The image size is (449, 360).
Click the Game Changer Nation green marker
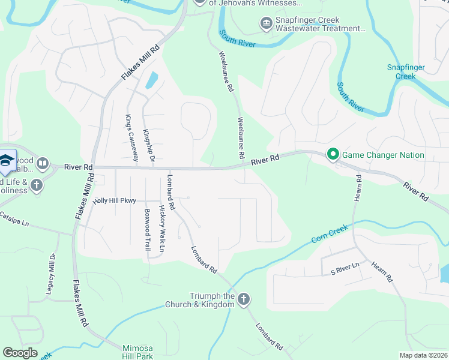click(333, 155)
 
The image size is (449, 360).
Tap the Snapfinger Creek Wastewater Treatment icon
click(265, 24)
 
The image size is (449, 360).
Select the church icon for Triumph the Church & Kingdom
click(243, 299)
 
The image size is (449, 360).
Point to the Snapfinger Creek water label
click(401, 71)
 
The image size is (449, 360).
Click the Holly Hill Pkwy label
click(115, 201)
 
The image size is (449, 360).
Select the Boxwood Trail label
click(147, 229)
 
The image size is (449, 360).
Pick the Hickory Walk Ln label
click(161, 228)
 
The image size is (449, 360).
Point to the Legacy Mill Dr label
click(51, 274)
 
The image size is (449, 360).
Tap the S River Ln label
click(345, 264)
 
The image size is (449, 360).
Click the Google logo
click(20, 353)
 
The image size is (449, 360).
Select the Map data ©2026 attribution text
click(423, 355)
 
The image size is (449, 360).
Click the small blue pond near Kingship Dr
click(151, 80)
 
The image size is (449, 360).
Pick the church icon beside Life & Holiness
click(36, 184)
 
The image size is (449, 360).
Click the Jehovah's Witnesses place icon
click(200, 2)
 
